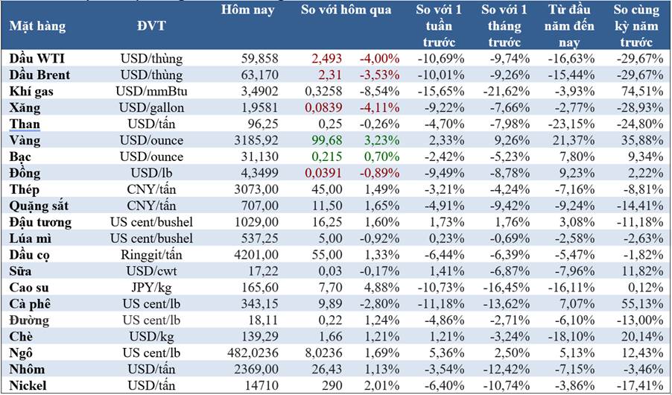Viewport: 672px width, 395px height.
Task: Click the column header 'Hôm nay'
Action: pyautogui.click(x=248, y=10)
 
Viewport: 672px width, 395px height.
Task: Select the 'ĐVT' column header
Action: pyautogui.click(x=151, y=26)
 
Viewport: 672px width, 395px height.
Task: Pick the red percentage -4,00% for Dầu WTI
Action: pyautogui.click(x=380, y=58)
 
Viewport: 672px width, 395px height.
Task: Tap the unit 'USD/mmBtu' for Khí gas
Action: pyautogui.click(x=151, y=91)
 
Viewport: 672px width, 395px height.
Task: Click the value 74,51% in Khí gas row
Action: pyautogui.click(x=638, y=91)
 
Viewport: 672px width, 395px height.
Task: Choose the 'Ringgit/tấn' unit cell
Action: pyautogui.click(x=151, y=255)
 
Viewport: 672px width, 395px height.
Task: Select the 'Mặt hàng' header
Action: pyautogui.click(x=37, y=26)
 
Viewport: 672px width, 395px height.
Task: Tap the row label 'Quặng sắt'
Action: pyautogui.click(x=39, y=206)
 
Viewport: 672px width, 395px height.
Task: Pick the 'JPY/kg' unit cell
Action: pyautogui.click(x=151, y=288)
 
